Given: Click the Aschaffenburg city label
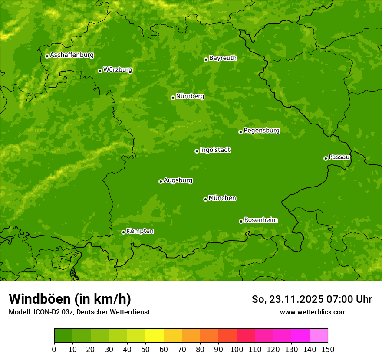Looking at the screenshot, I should (x=72, y=55).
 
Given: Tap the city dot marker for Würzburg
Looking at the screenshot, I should (x=100, y=71).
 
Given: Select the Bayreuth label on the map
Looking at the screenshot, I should (x=223, y=58).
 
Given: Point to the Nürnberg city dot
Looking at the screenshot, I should (x=173, y=98).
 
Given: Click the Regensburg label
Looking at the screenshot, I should (x=261, y=130).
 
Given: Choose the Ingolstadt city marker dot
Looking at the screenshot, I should (x=197, y=151).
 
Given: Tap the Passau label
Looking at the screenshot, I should (x=339, y=157).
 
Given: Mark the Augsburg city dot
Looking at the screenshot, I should (x=161, y=181).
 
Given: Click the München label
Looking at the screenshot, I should (x=222, y=198).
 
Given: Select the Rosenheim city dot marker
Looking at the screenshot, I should (x=241, y=221).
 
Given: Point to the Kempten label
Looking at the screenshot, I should (x=140, y=231).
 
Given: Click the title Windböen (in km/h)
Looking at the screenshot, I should (x=70, y=299).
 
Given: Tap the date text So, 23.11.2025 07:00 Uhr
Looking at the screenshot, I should (x=312, y=299).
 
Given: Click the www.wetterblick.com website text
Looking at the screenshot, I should (x=313, y=312).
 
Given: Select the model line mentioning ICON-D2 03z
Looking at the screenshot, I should (x=79, y=312).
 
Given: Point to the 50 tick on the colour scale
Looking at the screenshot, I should (x=145, y=349).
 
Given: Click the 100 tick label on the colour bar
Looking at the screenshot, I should (x=237, y=349).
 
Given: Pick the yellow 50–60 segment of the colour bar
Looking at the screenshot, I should (x=155, y=336).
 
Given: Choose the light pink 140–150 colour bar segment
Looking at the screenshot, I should (x=319, y=336).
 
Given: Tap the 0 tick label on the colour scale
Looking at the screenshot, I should (x=54, y=349).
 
